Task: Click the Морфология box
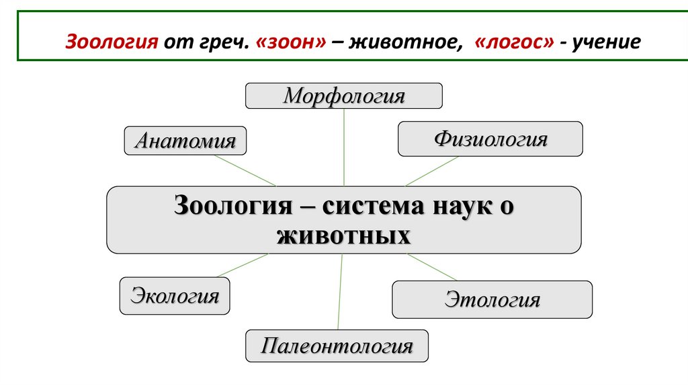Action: pyautogui.click(x=343, y=95)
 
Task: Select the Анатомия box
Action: pyautogui.click(x=185, y=141)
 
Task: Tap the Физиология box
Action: pyautogui.click(x=490, y=139)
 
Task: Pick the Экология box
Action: pyautogui.click(x=175, y=296)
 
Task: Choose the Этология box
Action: pyautogui.click(x=492, y=299)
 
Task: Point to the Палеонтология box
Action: pyautogui.click(x=337, y=346)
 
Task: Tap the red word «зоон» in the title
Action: pyautogui.click(x=290, y=42)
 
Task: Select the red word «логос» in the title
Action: pyautogui.click(x=514, y=42)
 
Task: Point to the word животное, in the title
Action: pyautogui.click(x=403, y=42)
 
